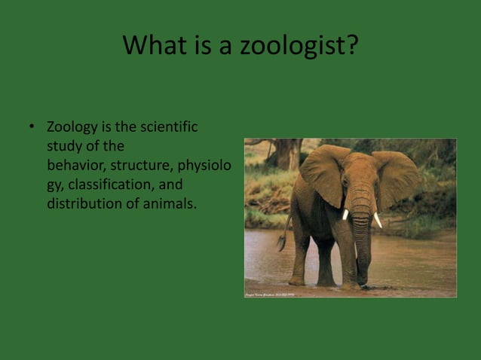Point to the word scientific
tap(168, 127)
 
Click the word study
tap(65, 145)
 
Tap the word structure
tap(142, 165)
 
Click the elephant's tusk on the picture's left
tap(345, 215)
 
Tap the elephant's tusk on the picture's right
tap(377, 219)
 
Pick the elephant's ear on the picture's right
tap(395, 178)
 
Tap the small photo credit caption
tap(269, 294)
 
